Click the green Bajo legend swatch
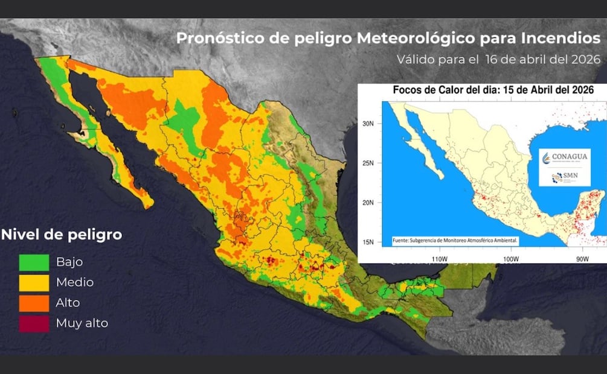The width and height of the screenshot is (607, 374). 34,262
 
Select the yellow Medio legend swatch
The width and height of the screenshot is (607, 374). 34,282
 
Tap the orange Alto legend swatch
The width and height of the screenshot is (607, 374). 34,302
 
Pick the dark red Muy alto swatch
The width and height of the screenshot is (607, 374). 34,323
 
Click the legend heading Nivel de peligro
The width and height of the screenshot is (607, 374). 62,234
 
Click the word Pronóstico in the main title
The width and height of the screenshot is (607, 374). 213,39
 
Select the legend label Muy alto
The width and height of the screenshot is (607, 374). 82,323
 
